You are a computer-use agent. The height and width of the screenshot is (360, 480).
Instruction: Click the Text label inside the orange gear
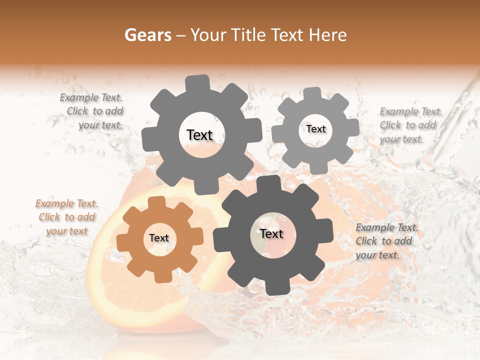[x=159, y=238]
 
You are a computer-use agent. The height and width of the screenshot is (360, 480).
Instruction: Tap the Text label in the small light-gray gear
[x=316, y=129]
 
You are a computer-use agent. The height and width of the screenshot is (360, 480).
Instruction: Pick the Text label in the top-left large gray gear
[x=199, y=135]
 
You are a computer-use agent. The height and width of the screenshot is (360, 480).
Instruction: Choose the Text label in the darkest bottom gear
[x=271, y=233]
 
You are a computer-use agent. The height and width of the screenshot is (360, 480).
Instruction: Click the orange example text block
[x=67, y=217]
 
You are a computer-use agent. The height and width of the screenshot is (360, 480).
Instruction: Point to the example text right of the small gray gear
[x=411, y=125]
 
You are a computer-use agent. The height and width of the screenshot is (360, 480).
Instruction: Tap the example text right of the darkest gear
[x=387, y=241]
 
